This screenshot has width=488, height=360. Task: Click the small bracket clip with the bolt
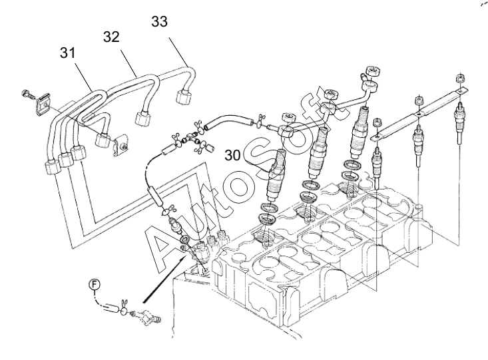121,146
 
